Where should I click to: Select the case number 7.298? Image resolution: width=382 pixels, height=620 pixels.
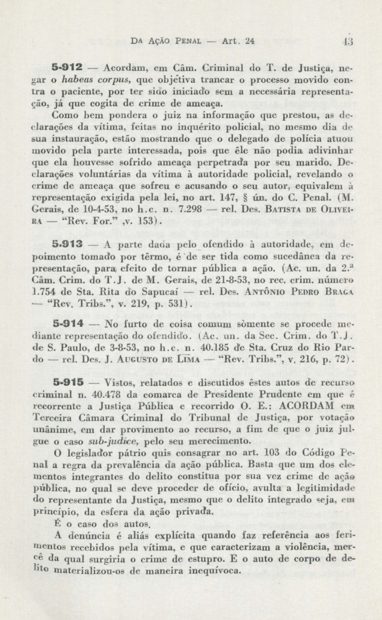point(189,209)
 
